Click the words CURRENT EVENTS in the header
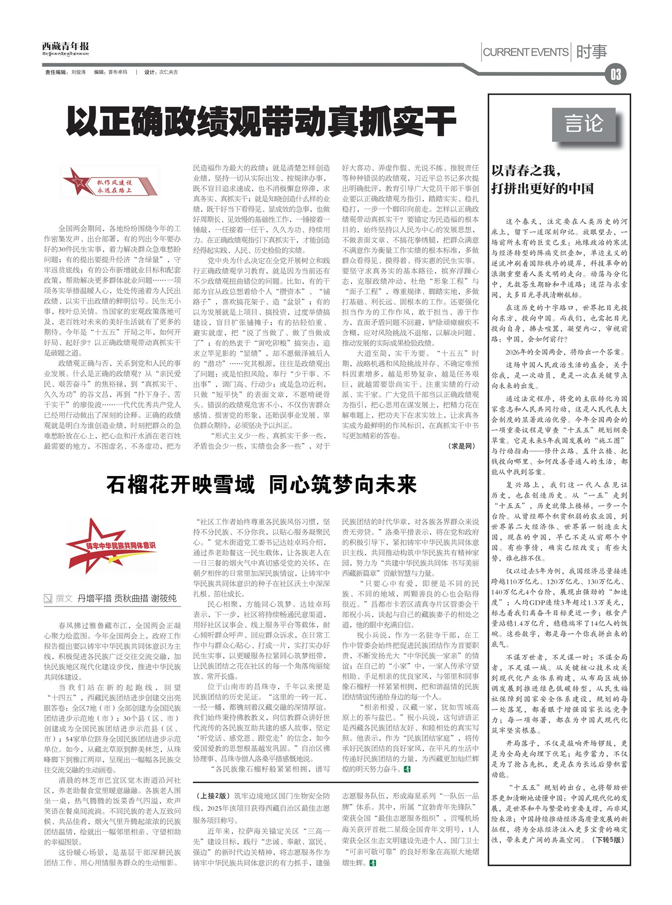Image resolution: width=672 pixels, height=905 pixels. click(525, 52)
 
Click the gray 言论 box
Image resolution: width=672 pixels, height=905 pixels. click(583, 124)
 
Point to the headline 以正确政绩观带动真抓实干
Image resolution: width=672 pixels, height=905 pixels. click(261, 121)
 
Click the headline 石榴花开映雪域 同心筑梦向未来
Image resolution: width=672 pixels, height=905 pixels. click(261, 485)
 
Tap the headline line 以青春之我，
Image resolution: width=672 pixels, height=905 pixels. click(526, 171)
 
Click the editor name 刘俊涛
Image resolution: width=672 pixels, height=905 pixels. click(78, 73)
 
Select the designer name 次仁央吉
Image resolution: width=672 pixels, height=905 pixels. click(168, 73)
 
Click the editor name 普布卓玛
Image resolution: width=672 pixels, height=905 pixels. click(117, 73)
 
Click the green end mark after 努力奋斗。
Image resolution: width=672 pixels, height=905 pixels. click(407, 769)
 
